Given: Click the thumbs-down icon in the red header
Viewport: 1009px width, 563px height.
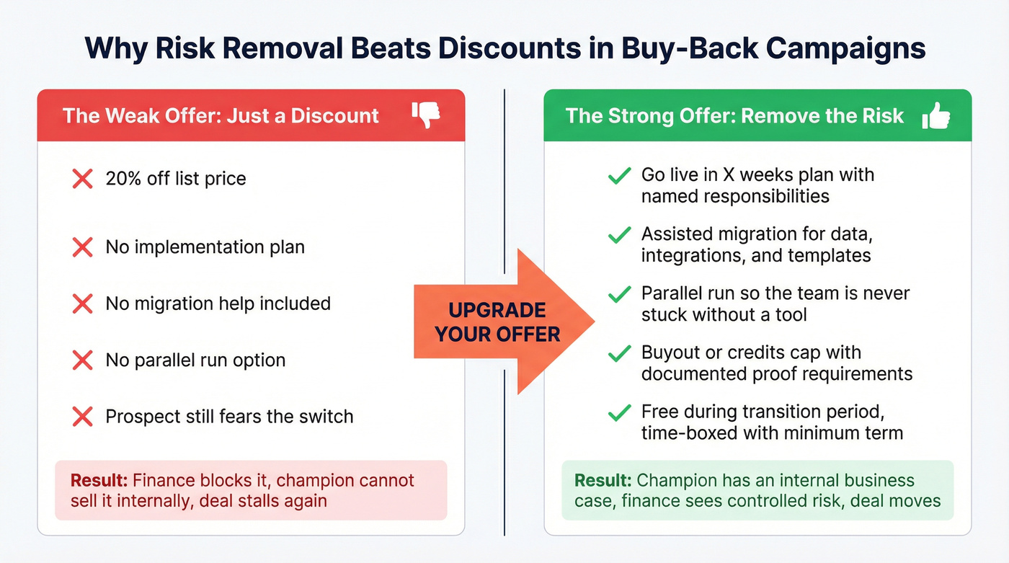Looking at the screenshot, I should [x=426, y=115].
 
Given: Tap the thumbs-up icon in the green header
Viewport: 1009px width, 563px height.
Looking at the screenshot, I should [x=935, y=115].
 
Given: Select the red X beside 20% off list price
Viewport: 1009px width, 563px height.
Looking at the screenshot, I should [x=83, y=179].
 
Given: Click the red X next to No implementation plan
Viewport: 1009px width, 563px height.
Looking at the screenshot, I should [x=83, y=247].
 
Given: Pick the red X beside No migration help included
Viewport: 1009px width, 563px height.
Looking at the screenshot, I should [x=83, y=303].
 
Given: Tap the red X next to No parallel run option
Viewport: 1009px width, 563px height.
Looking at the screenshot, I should [x=83, y=360].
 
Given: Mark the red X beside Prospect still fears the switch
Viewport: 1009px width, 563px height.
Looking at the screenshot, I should [x=83, y=416].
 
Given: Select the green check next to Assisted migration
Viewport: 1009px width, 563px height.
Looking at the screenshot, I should [x=619, y=236].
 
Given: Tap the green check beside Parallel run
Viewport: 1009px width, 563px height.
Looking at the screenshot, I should [x=619, y=295].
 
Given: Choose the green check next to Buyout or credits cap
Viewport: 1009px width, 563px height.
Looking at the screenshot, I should [x=619, y=354].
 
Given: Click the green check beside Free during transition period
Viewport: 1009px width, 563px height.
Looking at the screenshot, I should [x=619, y=413].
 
